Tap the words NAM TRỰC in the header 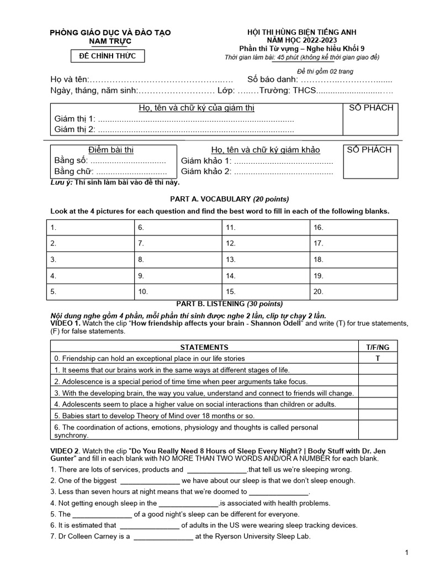pyautogui.click(x=110, y=41)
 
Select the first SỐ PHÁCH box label pyautogui.click(x=372, y=108)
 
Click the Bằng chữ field pyautogui.click(x=128, y=171)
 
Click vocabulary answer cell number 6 pyautogui.click(x=178, y=228)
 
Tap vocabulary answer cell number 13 pyautogui.click(x=266, y=259)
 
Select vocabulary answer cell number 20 pyautogui.click(x=353, y=291)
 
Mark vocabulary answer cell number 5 pyautogui.click(x=92, y=291)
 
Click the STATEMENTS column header pyautogui.click(x=204, y=347)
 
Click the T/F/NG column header pyautogui.click(x=378, y=347)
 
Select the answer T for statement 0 pyautogui.click(x=378, y=358)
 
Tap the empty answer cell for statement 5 pyautogui.click(x=378, y=415)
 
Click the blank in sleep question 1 pyautogui.click(x=216, y=470)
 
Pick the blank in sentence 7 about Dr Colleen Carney pyautogui.click(x=163, y=536)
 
